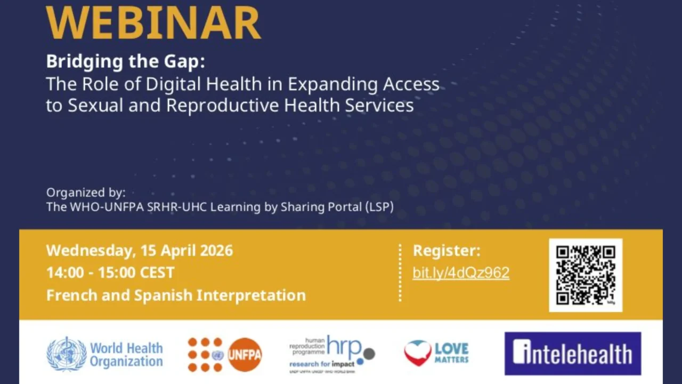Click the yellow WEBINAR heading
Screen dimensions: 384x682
pos(153,22)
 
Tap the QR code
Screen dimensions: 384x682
pos(586,275)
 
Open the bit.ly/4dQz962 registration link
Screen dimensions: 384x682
pos(461,273)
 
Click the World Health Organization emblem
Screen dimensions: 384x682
pos(67,354)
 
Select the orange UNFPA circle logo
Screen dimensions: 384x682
pos(245,355)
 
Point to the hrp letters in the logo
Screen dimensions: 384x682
pos(343,346)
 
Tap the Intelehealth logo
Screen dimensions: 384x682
pos(573,354)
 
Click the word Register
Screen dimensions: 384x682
pos(446,251)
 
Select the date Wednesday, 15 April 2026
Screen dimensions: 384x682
pos(140,251)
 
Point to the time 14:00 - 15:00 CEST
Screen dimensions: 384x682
pos(110,273)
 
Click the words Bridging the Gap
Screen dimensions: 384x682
pos(125,61)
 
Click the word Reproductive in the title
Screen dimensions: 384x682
pos(222,105)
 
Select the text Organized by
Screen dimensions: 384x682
pos(86,193)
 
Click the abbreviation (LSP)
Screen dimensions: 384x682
pos(379,207)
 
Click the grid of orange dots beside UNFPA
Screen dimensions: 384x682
pos(205,355)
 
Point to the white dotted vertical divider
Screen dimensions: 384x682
pos(400,273)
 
